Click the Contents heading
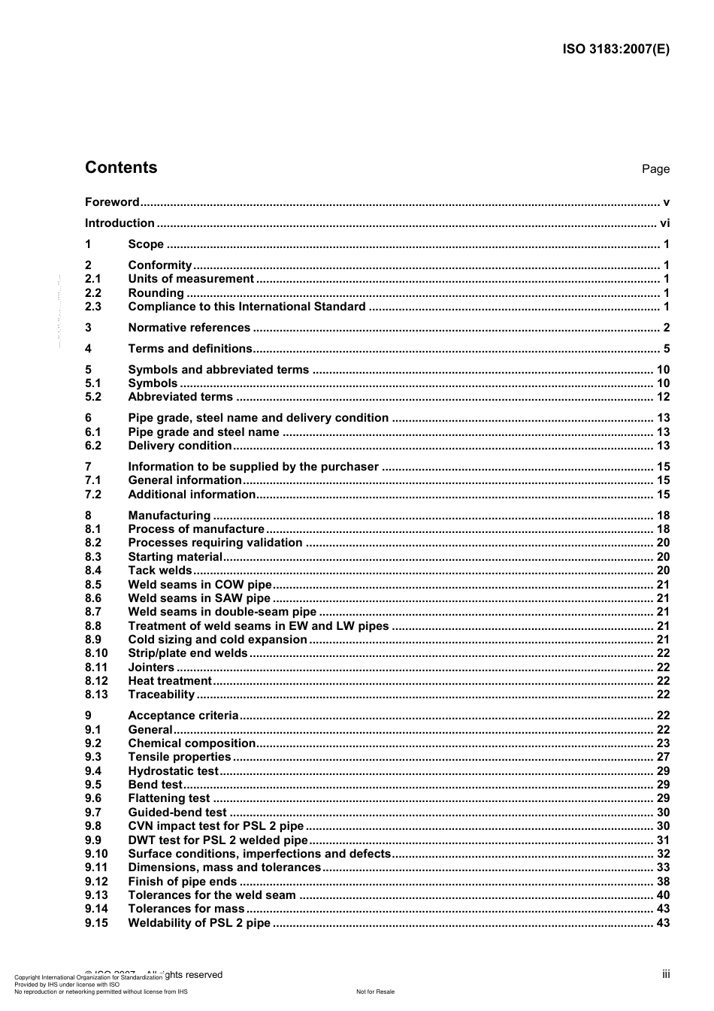pyautogui.click(x=121, y=168)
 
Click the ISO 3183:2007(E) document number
pyautogui.click(x=616, y=50)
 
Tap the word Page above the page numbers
pyautogui.click(x=655, y=169)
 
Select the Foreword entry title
pyautogui.click(x=112, y=202)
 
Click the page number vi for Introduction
pyautogui.click(x=664, y=223)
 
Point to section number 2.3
pyautogui.click(x=93, y=307)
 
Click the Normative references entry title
pyautogui.click(x=189, y=328)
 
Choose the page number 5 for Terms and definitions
pyautogui.click(x=666, y=349)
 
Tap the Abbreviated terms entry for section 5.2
pyautogui.click(x=180, y=397)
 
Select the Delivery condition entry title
pyautogui.click(x=180, y=446)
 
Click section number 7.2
pyautogui.click(x=93, y=495)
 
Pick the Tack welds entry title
pyautogui.click(x=160, y=571)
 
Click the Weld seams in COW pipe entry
pyautogui.click(x=200, y=585)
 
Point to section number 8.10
pyautogui.click(x=96, y=653)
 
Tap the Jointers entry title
pyautogui.click(x=151, y=667)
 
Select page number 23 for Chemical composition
pyautogui.click(x=663, y=743)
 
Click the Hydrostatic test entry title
pyautogui.click(x=173, y=771)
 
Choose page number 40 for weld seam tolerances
pyautogui.click(x=663, y=895)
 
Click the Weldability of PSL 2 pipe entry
pyautogui.click(x=199, y=923)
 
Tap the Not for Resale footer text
pyautogui.click(x=375, y=991)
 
